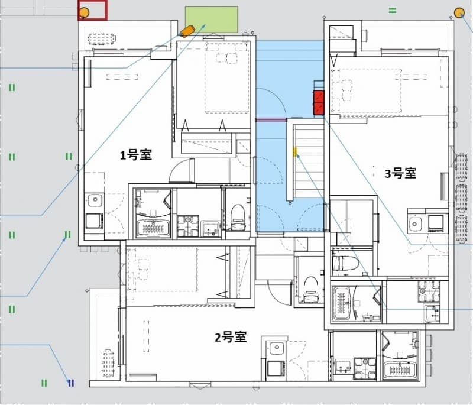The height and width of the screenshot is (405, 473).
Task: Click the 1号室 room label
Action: (137, 155)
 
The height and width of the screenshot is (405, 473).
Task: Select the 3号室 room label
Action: (400, 173)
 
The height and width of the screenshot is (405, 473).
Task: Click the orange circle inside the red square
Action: (85, 12)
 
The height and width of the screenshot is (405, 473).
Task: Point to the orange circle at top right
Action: (459, 12)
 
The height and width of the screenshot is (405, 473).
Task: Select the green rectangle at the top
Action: (212, 19)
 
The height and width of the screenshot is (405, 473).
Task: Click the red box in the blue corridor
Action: (319, 102)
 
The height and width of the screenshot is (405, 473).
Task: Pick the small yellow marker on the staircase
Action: (294, 152)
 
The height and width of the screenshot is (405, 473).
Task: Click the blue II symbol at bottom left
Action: (71, 383)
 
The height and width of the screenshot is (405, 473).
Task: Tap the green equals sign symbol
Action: (393, 11)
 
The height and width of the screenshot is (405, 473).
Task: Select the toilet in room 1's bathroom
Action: (238, 217)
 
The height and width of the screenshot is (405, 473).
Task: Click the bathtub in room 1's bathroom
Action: (153, 228)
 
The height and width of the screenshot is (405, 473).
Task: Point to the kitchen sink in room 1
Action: (93, 200)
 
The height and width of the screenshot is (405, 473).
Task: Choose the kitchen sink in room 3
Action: (416, 223)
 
